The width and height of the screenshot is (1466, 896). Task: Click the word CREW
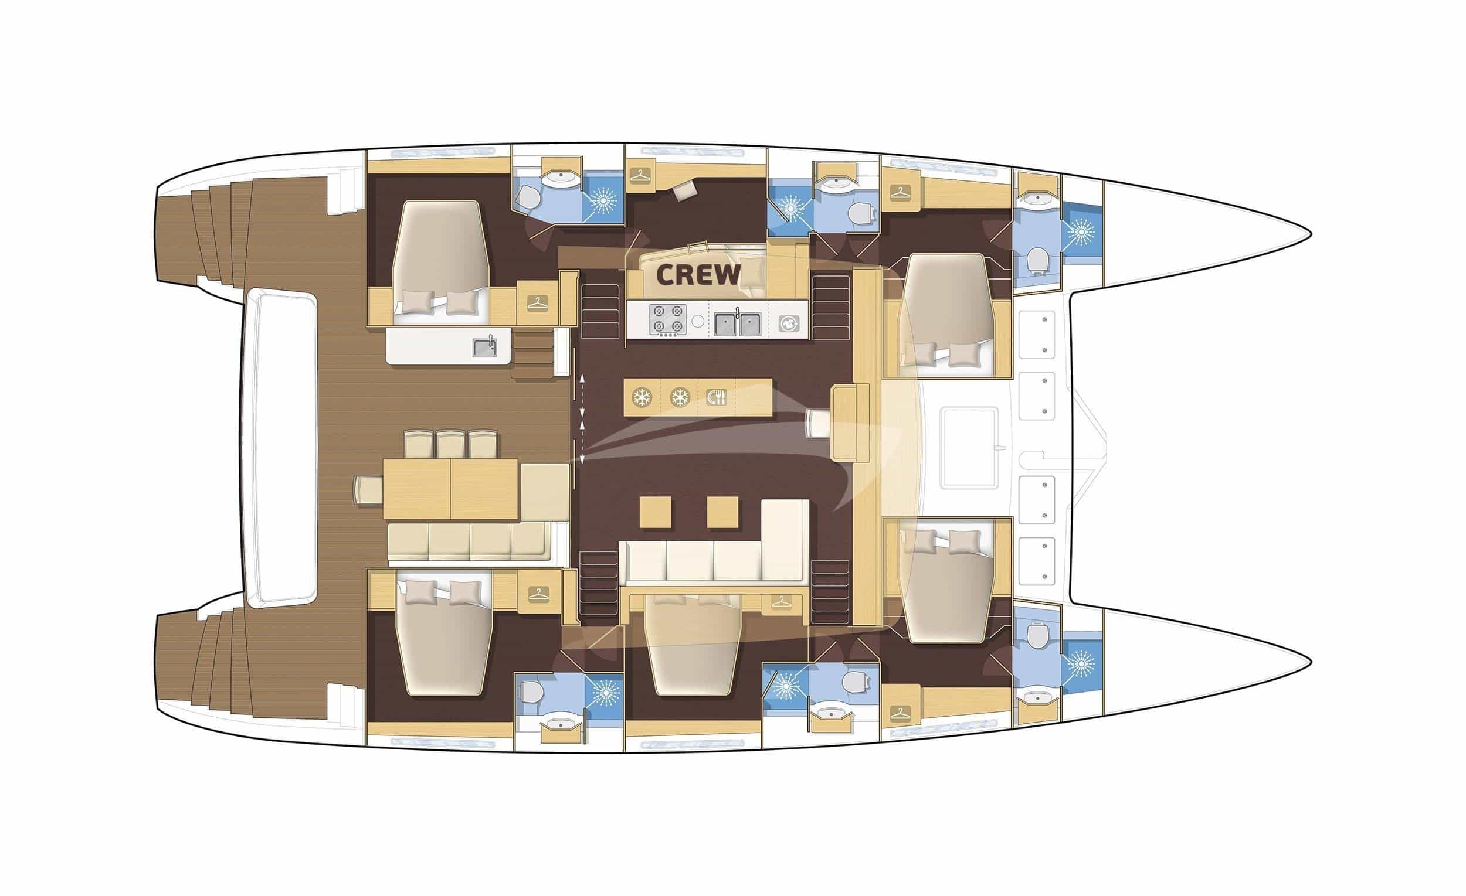click(698, 275)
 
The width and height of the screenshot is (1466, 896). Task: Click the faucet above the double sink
click(738, 312)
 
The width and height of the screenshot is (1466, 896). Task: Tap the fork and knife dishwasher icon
click(717, 397)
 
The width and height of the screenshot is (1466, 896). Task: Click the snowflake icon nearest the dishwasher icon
click(680, 397)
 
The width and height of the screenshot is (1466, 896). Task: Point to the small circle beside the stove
click(698, 321)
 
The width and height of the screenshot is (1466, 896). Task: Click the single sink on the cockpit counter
click(486, 348)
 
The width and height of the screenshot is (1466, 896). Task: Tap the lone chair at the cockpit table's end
click(368, 489)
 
